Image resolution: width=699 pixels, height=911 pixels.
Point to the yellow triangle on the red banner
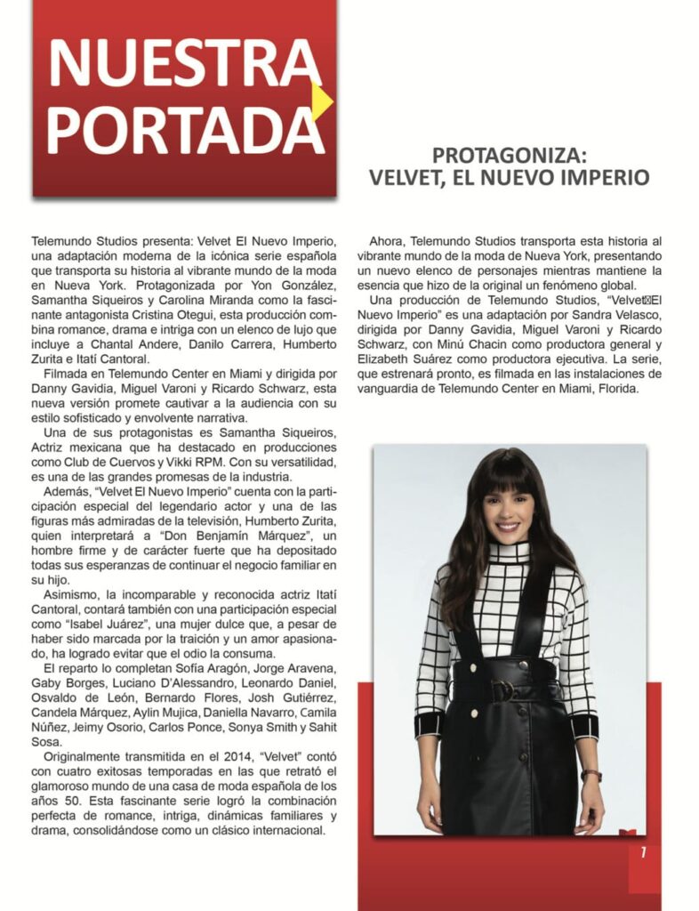(323, 104)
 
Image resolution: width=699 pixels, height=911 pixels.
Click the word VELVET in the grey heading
(406, 177)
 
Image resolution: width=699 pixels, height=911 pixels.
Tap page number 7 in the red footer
(643, 852)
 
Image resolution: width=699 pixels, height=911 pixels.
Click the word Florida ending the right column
(615, 388)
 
